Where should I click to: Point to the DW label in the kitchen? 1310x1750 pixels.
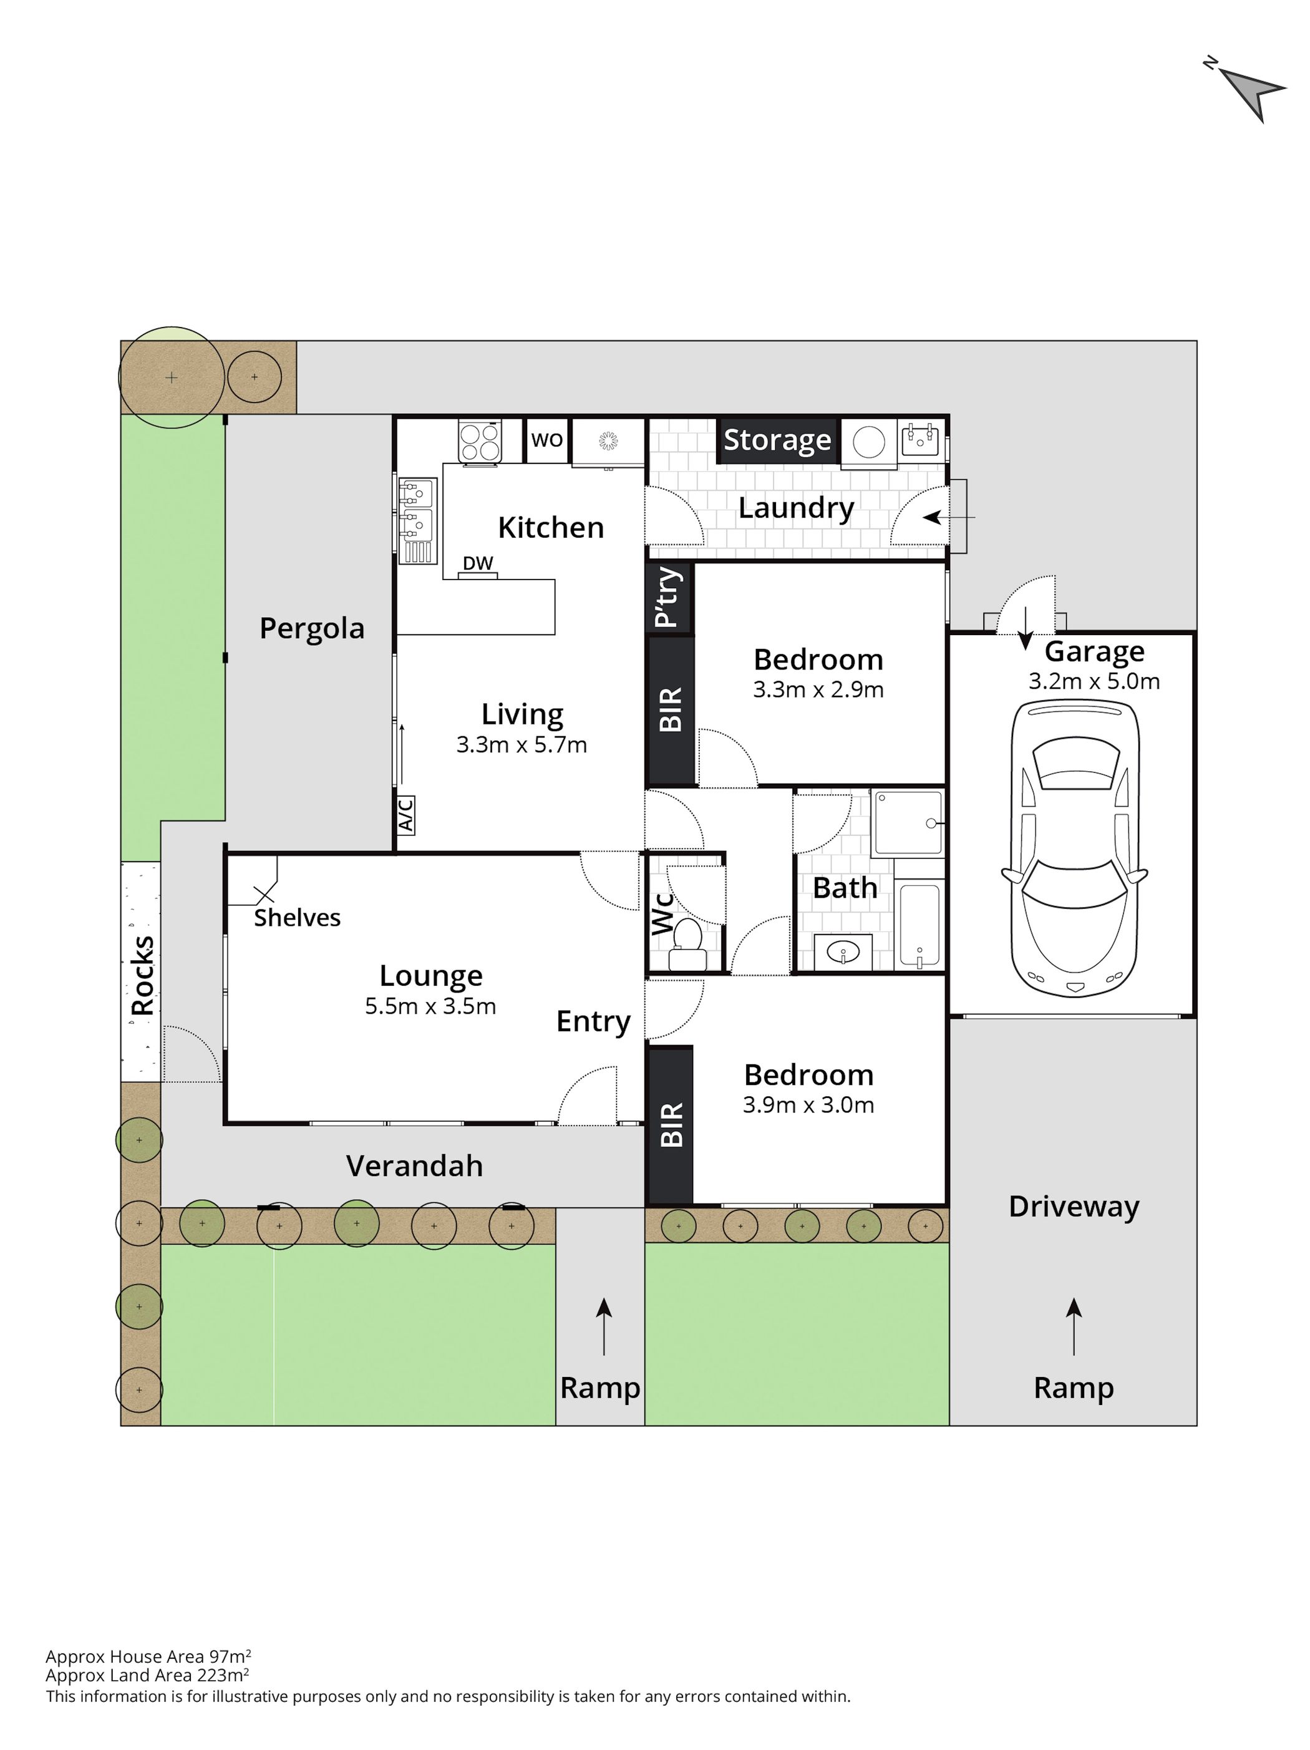pyautogui.click(x=478, y=563)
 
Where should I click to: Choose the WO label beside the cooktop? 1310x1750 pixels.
pyautogui.click(x=546, y=440)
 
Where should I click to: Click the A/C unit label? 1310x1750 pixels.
pyautogui.click(x=405, y=815)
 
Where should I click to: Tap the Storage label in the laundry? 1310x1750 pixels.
pyautogui.click(x=777, y=440)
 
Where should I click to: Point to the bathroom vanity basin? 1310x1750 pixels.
pyautogui.click(x=843, y=952)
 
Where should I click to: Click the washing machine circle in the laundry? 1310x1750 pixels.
pyautogui.click(x=868, y=442)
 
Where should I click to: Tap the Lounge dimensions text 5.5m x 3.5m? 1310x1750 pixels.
pyautogui.click(x=430, y=1006)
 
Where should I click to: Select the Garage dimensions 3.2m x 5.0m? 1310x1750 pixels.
pyautogui.click(x=1094, y=681)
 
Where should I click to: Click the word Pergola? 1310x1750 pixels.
pyautogui.click(x=312, y=629)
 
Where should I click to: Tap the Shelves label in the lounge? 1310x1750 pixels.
pyautogui.click(x=297, y=918)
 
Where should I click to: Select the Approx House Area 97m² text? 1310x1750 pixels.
pyautogui.click(x=148, y=1656)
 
